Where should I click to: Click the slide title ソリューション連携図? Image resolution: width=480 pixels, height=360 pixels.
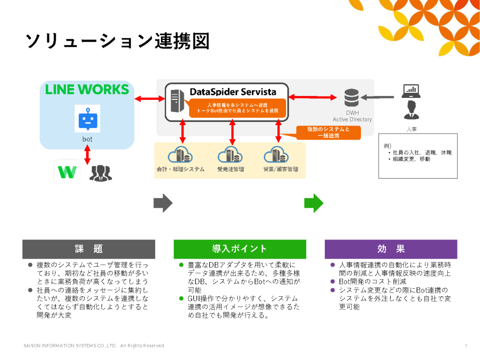(117, 41)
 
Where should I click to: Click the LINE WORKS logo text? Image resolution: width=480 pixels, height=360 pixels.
(87, 89)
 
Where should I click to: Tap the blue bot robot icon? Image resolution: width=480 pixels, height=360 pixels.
(87, 119)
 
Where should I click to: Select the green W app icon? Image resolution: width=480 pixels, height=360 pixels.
(67, 172)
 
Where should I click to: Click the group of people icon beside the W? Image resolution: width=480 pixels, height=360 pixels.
(100, 173)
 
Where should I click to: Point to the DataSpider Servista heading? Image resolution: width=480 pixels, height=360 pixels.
(232, 91)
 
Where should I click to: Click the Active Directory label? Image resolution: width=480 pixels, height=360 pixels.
(352, 120)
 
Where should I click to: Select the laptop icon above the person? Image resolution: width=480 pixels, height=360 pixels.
(411, 90)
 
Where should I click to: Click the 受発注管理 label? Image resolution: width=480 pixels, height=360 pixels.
(231, 169)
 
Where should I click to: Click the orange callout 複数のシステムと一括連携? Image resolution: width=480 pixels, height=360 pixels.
(328, 133)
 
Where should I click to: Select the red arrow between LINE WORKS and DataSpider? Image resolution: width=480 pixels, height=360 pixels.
(149, 98)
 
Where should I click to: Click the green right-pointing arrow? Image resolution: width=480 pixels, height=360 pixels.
(314, 203)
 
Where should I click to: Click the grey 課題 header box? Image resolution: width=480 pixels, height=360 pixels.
(89, 249)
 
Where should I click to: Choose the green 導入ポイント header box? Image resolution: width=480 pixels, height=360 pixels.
(240, 249)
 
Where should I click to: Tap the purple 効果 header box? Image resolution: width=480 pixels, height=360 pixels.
(390, 249)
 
